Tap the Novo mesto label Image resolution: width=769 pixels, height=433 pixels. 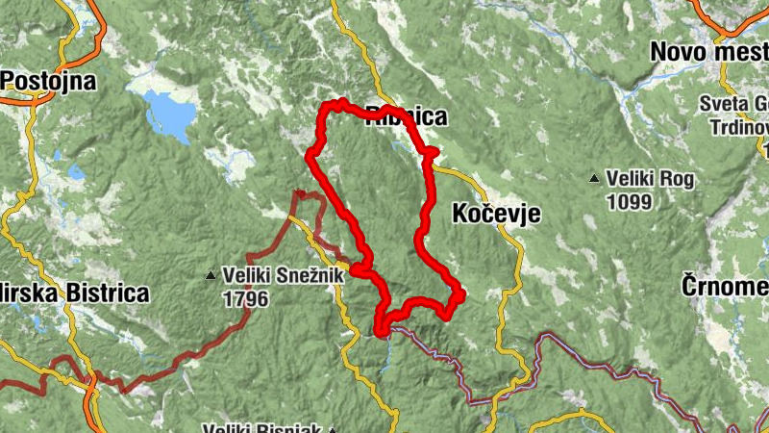tap(709, 50)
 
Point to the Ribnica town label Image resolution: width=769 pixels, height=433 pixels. tap(407, 117)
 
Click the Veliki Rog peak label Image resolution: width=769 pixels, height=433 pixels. tap(650, 179)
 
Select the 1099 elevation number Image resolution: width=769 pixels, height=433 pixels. tap(630, 202)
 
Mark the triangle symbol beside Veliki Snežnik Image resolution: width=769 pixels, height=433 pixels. tap(211, 276)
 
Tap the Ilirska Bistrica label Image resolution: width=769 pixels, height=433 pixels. tap(73, 293)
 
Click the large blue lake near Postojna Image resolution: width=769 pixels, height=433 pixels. tap(170, 114)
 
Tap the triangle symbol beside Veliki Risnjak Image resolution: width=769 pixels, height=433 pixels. tap(333, 430)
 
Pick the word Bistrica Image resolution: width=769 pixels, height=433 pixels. tap(107, 293)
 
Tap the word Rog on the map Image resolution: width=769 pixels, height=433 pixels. tap(677, 179)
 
